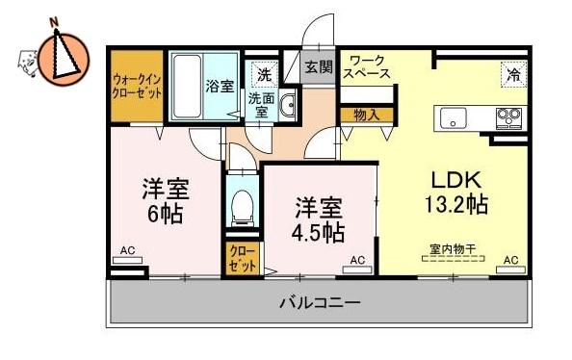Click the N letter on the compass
[x=55, y=22]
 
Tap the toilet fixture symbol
[x=243, y=207]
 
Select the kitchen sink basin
[x=454, y=118]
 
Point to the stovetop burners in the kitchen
[x=509, y=118]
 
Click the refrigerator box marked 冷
[x=513, y=75]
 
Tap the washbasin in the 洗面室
[x=289, y=105]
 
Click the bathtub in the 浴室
[x=187, y=86]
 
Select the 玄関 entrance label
[x=319, y=66]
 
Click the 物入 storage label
[x=367, y=116]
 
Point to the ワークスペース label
[x=367, y=66]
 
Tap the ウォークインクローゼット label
[x=137, y=86]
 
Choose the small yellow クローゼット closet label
[x=243, y=259]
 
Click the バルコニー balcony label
[x=320, y=302]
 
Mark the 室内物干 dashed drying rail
[x=454, y=258]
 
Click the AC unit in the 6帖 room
[x=127, y=260]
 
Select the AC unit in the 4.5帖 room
[x=357, y=270]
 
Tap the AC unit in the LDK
[x=510, y=270]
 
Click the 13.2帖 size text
[x=456, y=204]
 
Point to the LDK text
[x=456, y=180]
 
